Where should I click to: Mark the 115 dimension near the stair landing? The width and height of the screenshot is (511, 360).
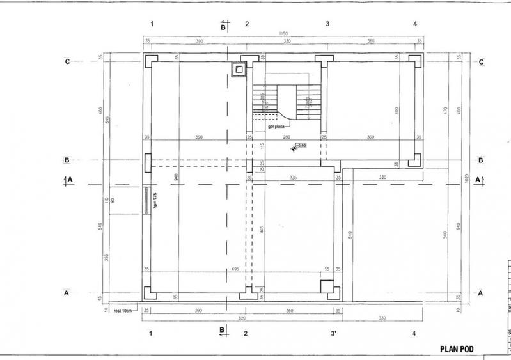click(262, 146)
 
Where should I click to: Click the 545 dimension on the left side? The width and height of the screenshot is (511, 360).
click(108, 120)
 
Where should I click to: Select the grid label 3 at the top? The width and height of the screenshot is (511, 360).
click(327, 24)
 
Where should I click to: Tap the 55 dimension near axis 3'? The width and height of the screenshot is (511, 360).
click(327, 269)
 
